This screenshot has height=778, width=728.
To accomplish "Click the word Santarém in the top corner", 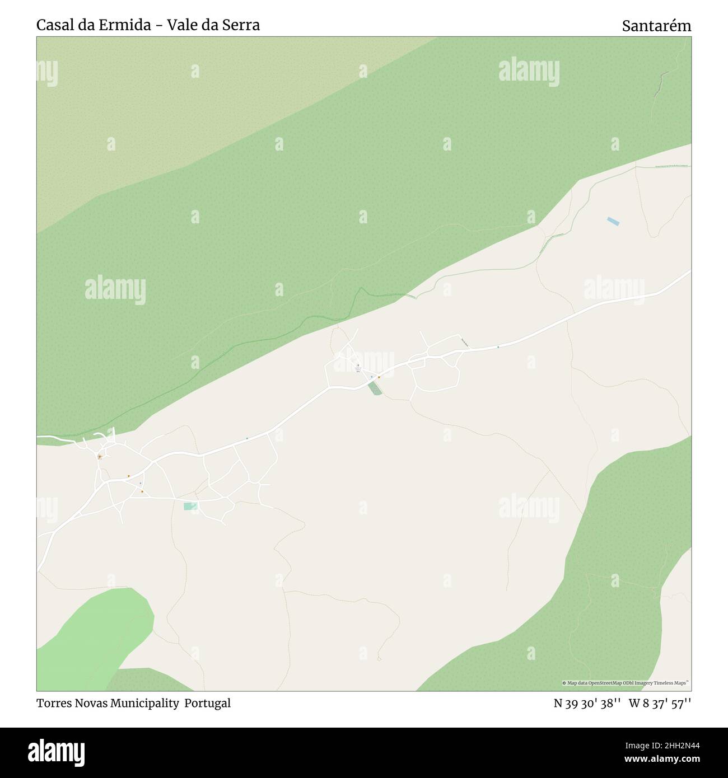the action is point(656,26).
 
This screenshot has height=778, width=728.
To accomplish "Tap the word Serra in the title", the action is point(242,25).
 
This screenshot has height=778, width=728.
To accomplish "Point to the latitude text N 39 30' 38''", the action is point(587,704).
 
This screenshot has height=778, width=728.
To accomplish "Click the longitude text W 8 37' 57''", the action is point(660,704).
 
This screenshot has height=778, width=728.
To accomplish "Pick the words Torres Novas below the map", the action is point(69,703).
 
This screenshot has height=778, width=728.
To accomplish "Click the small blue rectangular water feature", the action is point(613,221).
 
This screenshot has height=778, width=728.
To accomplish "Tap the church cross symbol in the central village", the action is point(358,367).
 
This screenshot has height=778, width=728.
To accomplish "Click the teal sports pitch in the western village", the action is point(190,506).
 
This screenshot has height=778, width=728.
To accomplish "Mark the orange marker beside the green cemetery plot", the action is point(379,377).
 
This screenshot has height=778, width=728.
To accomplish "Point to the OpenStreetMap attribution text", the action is point(626,683).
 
